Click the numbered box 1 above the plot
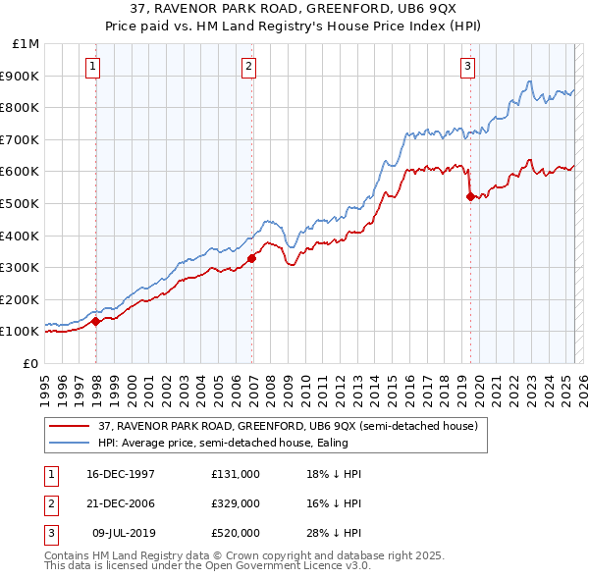(91, 67)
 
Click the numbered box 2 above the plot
(248, 67)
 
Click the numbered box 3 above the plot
(467, 67)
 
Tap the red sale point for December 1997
(95, 321)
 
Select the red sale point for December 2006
(252, 258)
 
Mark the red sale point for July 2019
(470, 196)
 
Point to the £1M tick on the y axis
(27, 44)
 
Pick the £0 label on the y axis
(30, 363)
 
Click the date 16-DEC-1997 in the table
(121, 473)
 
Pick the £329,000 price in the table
(235, 503)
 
